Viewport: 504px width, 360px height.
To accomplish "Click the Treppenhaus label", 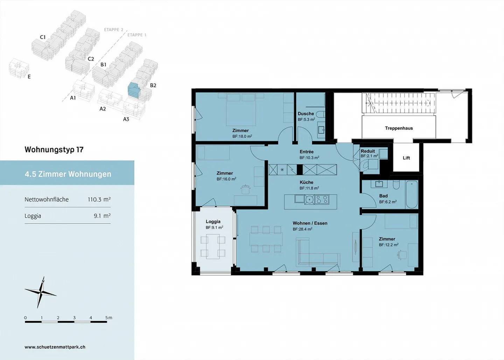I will pos(399,128).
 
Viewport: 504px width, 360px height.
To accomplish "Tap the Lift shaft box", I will pos(406,158).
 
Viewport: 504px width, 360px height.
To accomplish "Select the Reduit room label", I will pos(367,151).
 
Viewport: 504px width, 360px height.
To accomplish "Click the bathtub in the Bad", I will pos(412,194).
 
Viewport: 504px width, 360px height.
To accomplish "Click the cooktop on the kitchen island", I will pos(322,199).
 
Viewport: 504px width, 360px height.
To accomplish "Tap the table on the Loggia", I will pos(213,247).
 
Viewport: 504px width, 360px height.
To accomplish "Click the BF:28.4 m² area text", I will pos(302,230).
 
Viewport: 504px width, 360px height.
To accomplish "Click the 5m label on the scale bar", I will pos(108,318).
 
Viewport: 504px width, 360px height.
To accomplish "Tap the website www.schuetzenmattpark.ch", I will pos(55,347).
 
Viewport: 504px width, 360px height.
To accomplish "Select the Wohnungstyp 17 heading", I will pos(54,149).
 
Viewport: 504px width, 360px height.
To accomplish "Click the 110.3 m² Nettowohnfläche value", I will pos(99,199).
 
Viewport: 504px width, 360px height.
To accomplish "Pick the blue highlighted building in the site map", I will pos(133,90).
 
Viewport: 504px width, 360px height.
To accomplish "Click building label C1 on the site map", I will pos(43,37).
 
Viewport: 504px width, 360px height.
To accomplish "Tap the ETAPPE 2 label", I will pos(114,30).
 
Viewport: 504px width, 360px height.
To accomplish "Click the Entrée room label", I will pos(307,151).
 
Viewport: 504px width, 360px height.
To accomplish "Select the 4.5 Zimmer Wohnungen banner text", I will pos(68,174).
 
